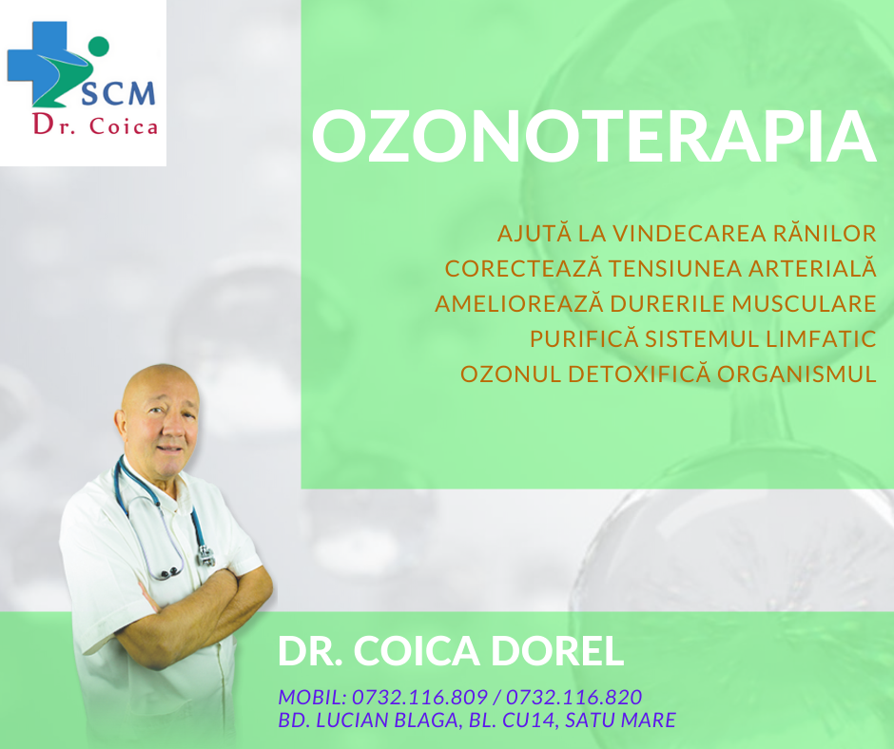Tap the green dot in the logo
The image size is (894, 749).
(99, 47)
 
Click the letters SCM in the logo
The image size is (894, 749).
(118, 93)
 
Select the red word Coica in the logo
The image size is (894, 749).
(123, 126)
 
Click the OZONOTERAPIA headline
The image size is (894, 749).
(593, 137)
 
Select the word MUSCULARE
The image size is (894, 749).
(804, 303)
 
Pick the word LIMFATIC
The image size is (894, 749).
(821, 338)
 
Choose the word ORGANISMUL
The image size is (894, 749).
(796, 374)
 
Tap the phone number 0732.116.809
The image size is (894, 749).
(419, 697)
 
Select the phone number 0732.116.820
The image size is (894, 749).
(574, 697)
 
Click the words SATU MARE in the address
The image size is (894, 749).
(620, 720)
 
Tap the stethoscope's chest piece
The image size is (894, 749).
(205, 555)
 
